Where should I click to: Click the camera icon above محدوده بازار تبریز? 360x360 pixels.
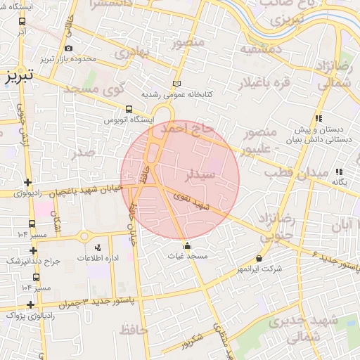point(68,49)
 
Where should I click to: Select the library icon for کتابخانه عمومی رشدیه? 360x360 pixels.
point(176,83)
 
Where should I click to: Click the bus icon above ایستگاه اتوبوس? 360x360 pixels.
point(129,109)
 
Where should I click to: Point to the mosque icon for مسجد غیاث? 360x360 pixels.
point(187,246)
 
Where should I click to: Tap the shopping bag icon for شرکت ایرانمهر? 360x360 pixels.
point(259,258)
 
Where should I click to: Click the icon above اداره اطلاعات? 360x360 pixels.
point(97,247)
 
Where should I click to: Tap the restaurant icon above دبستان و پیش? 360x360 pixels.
point(318,118)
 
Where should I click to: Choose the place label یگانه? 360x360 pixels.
point(340,182)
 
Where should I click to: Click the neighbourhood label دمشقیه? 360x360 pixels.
point(261,49)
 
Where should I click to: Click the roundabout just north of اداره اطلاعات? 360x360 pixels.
point(88,236)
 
